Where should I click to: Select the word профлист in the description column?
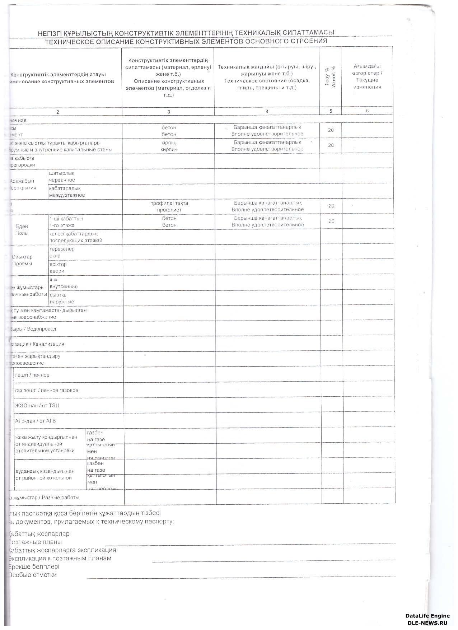tap(169, 210)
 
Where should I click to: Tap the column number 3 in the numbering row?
tap(169, 112)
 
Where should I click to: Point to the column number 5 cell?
tap(331, 111)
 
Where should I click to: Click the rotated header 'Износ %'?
tap(334, 77)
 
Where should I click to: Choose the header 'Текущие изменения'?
tap(367, 84)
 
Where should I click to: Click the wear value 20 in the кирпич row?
tap(331, 145)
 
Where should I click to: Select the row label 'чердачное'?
tap(62, 180)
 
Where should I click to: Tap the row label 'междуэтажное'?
tap(67, 195)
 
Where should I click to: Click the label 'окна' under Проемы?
tap(55, 256)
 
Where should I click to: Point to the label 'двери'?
tap(57, 271)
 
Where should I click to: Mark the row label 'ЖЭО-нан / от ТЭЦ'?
tap(37, 406)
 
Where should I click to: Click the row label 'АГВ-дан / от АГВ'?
tap(35, 421)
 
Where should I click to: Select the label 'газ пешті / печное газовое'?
tap(46, 390)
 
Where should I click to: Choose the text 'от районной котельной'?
tap(43, 478)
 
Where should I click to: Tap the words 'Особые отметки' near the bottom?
tap(32, 575)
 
